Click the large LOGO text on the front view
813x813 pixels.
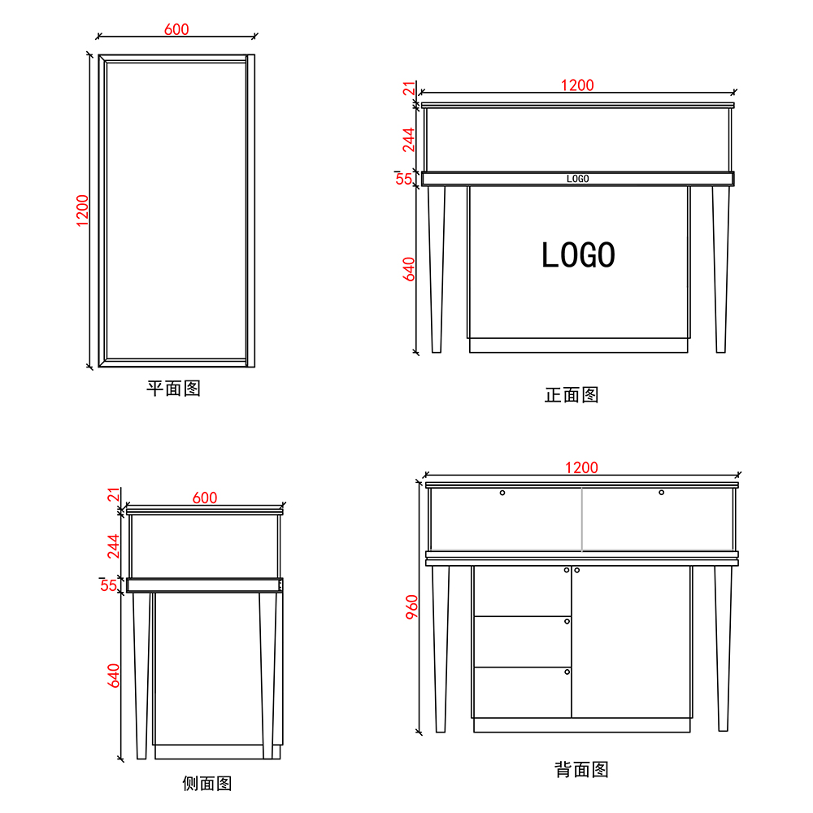(x=578, y=255)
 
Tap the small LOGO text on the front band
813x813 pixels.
(x=577, y=178)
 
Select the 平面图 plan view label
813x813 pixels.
(x=173, y=388)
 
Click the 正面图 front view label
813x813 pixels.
(x=572, y=395)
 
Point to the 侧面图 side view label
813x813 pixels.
(x=207, y=783)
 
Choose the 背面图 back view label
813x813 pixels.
(x=581, y=769)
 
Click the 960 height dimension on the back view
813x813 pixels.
(x=412, y=609)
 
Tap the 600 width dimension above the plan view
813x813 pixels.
(x=176, y=29)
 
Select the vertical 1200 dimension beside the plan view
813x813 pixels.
(x=83, y=211)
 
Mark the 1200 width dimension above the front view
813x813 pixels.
(x=577, y=85)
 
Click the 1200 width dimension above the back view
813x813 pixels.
(x=581, y=467)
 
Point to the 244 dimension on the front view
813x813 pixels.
(x=409, y=139)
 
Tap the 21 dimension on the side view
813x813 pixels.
(x=114, y=495)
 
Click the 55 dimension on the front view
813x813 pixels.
(x=404, y=179)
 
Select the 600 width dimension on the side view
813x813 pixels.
(x=205, y=498)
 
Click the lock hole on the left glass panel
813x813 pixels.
(x=502, y=493)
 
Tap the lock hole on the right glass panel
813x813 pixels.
(x=661, y=493)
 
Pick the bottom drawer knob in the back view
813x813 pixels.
(x=567, y=672)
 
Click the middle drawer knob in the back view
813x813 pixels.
(x=567, y=621)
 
